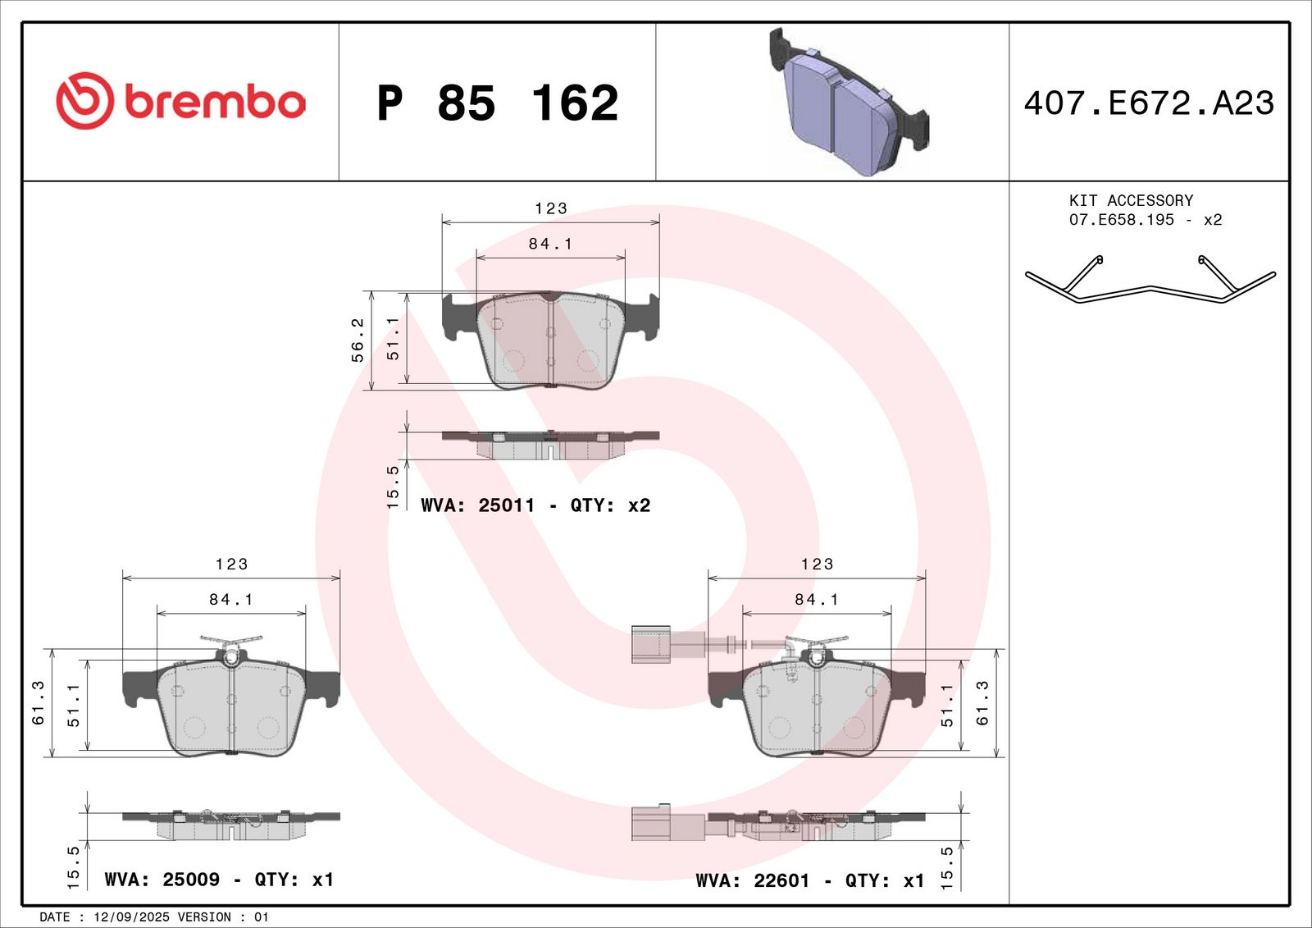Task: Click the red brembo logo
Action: pyautogui.click(x=180, y=101)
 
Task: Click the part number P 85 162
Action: pyautogui.click(x=497, y=103)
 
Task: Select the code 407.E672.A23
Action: pyautogui.click(x=1149, y=103)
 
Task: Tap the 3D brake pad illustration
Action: pyautogui.click(x=849, y=103)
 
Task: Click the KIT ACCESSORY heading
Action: pyautogui.click(x=1131, y=200)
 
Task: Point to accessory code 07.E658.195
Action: pyautogui.click(x=1121, y=220)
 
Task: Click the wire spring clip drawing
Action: pyautogui.click(x=1150, y=280)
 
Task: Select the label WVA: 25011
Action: pyautogui.click(x=477, y=505)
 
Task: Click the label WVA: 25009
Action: pyautogui.click(x=162, y=880)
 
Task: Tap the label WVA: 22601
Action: pyautogui.click(x=752, y=880)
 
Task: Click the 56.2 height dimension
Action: pyautogui.click(x=358, y=340)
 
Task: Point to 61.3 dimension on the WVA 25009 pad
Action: pyautogui.click(x=38, y=703)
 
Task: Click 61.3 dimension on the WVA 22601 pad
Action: pyautogui.click(x=982, y=703)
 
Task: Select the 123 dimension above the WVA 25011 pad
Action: pyautogui.click(x=551, y=208)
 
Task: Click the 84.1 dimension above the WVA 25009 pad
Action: pyautogui.click(x=231, y=600)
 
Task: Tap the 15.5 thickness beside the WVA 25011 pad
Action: pyautogui.click(x=393, y=487)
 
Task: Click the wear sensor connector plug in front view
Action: pyautogui.click(x=651, y=644)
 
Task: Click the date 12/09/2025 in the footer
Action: pyautogui.click(x=132, y=917)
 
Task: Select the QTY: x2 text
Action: pyautogui.click(x=610, y=505)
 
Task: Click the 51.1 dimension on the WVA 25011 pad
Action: pyautogui.click(x=393, y=338)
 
